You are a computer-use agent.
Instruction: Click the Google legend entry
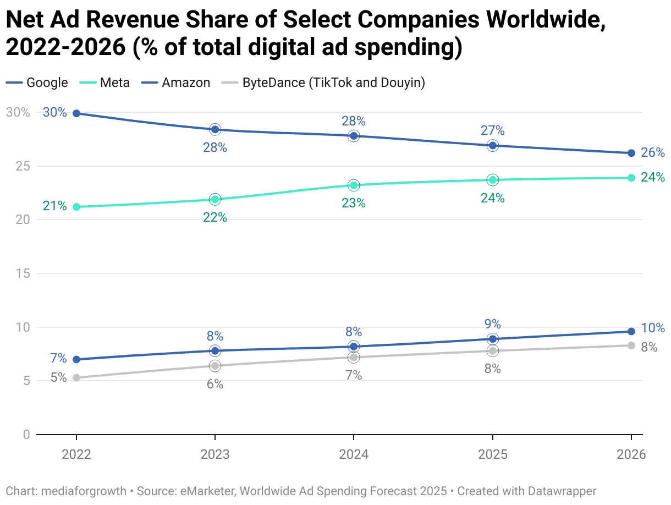pos(37,83)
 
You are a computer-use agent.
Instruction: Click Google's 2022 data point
pos(76,113)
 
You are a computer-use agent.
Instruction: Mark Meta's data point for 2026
pos(631,178)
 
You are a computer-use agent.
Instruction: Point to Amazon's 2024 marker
pos(354,347)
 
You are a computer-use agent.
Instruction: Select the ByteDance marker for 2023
pos(215,366)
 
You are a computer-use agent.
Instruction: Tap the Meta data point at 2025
pos(493,180)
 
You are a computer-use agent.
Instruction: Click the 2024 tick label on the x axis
pos(354,455)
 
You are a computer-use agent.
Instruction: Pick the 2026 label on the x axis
pos(630,455)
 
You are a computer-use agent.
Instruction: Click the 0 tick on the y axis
pos(26,435)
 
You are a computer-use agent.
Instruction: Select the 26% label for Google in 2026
pos(653,153)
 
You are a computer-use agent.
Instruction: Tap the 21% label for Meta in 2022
pos(55,206)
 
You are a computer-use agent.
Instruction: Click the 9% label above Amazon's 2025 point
pos(493,324)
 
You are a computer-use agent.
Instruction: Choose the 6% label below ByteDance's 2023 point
pos(215,385)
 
